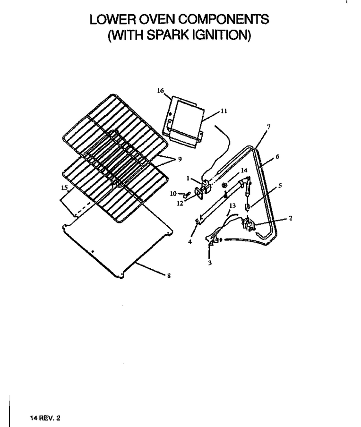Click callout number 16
click(x=161, y=90)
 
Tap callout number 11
click(x=223, y=111)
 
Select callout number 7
click(x=269, y=127)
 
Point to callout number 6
click(x=277, y=157)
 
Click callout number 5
click(x=280, y=186)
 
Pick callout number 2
click(x=291, y=218)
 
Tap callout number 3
click(x=210, y=263)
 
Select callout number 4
click(x=190, y=241)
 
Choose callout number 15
click(x=64, y=188)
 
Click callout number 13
click(x=232, y=205)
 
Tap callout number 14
click(x=244, y=170)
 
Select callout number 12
click(x=180, y=203)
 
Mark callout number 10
click(x=173, y=194)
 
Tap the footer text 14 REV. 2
click(x=45, y=418)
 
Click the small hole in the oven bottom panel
click(x=93, y=252)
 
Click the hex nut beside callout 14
click(x=224, y=185)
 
